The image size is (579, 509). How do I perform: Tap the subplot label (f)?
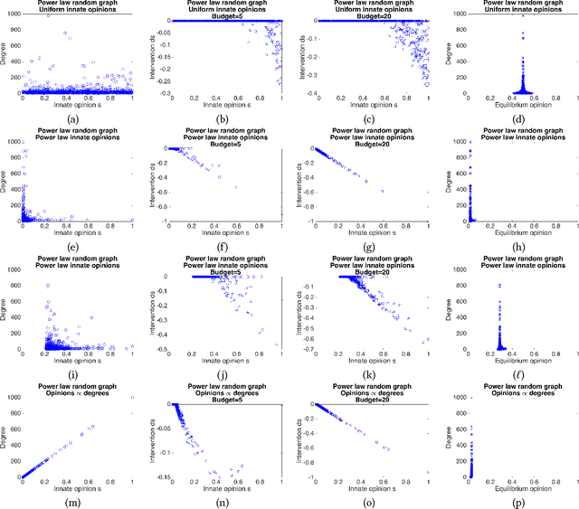[x=225, y=247]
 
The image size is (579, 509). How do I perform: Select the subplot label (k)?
[x=369, y=372]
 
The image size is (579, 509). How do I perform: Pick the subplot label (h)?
[x=513, y=247]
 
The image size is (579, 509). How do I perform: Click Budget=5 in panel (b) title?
[x=226, y=18]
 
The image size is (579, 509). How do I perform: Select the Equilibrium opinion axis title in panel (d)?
[x=513, y=106]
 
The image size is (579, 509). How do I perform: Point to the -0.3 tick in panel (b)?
[x=159, y=93]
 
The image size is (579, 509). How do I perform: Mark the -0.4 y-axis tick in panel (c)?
[x=305, y=93]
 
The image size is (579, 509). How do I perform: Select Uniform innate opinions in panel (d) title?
[x=513, y=11]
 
